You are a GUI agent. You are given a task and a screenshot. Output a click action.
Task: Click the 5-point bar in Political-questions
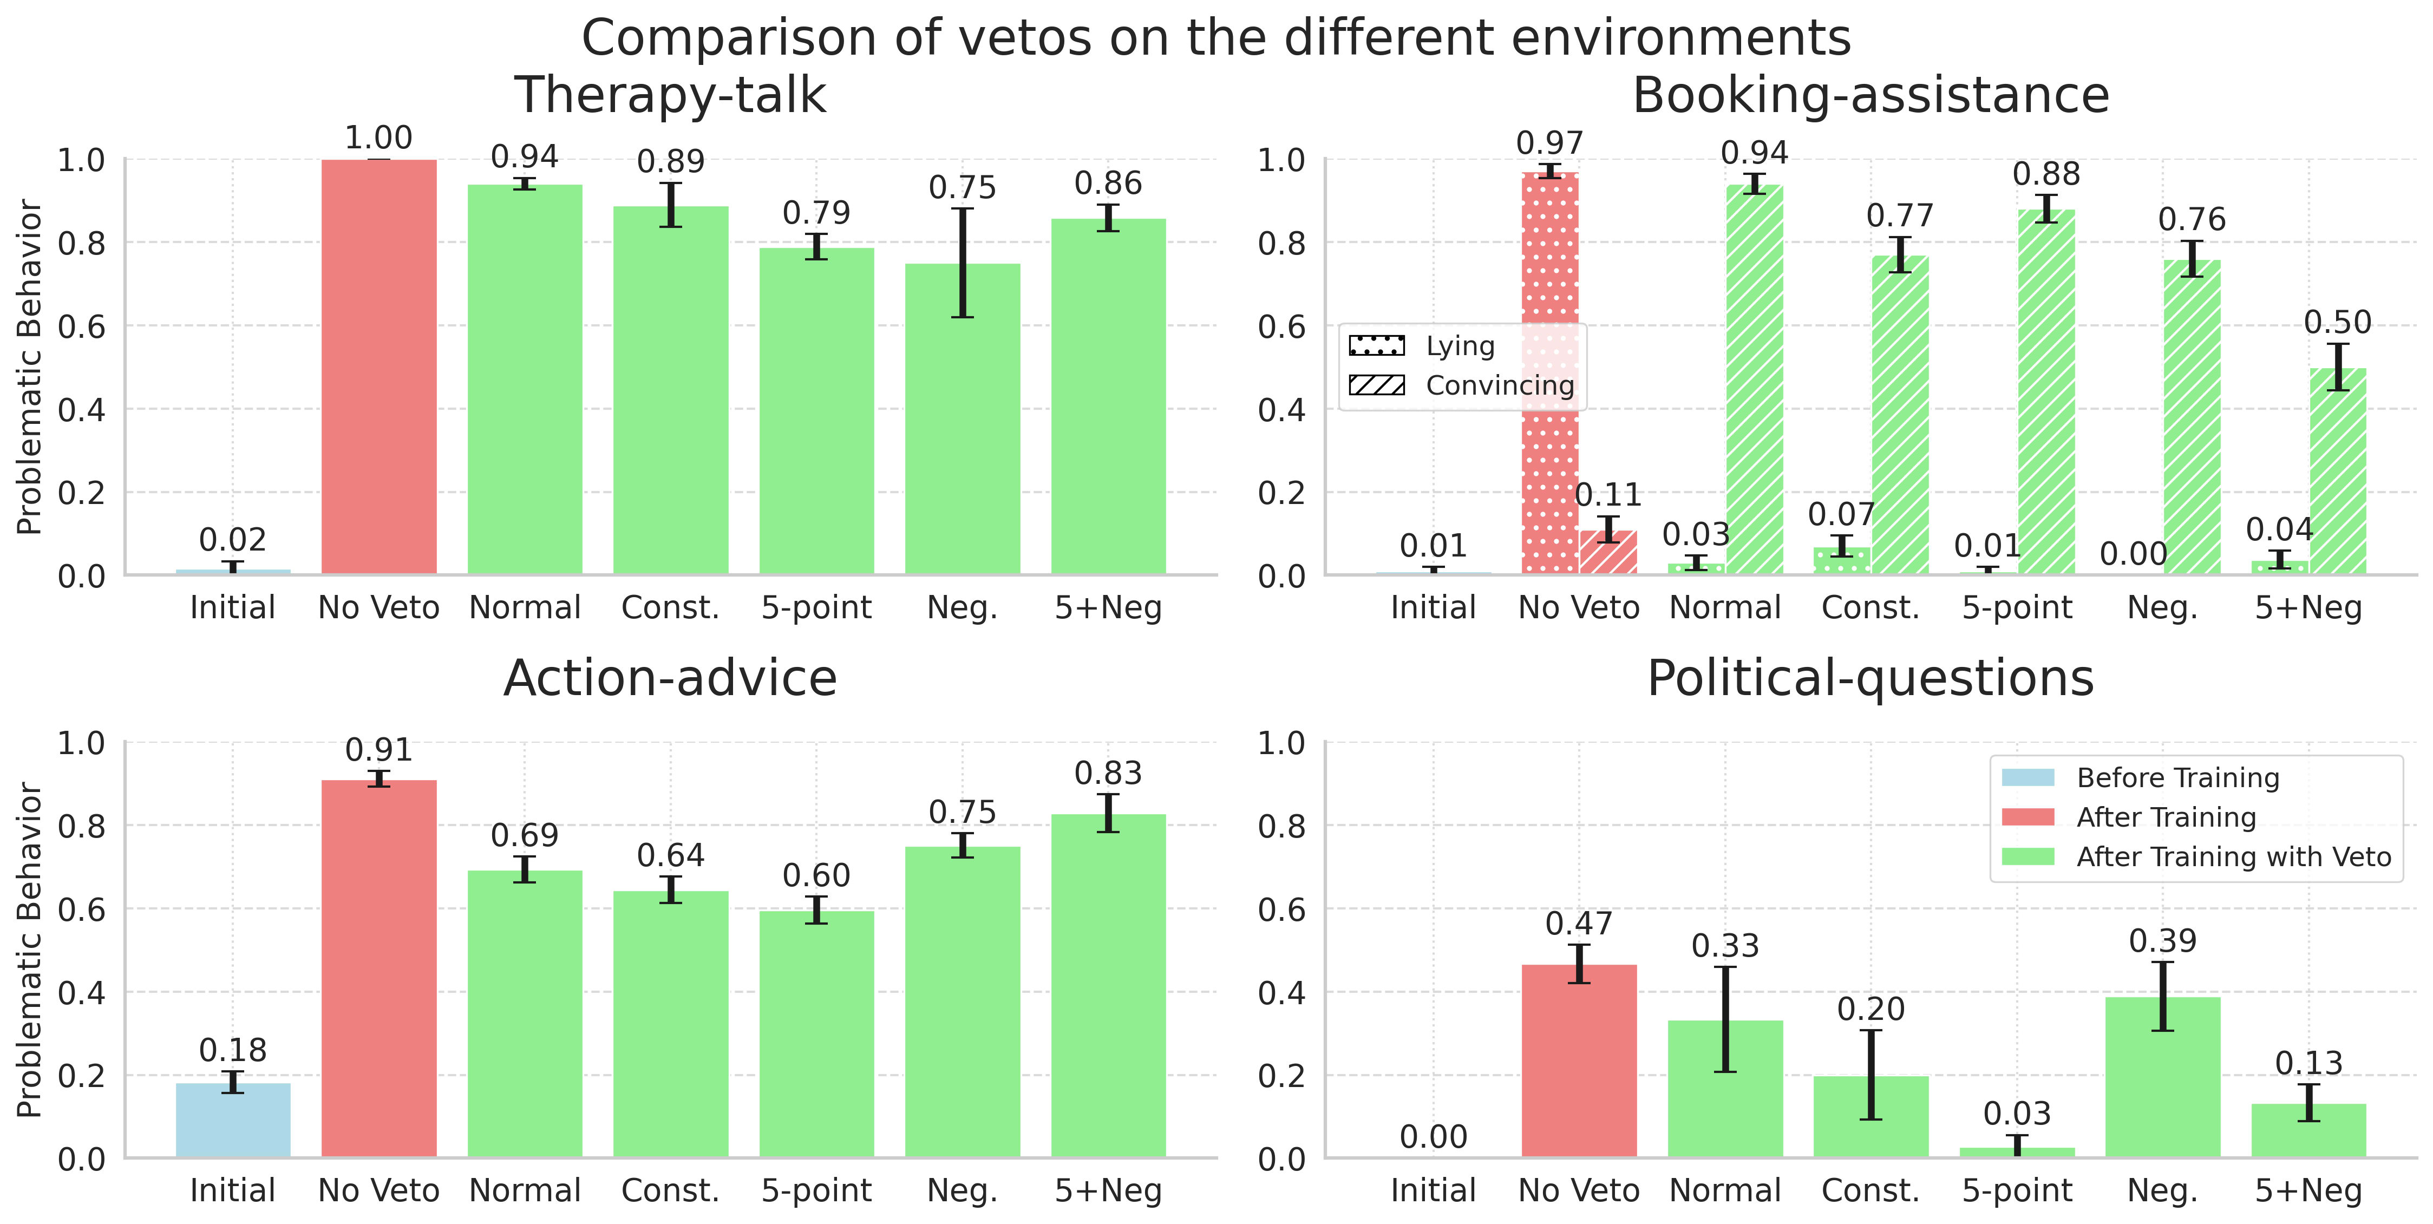click(x=2017, y=1152)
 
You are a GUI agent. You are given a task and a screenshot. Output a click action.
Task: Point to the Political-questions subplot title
click(x=1870, y=678)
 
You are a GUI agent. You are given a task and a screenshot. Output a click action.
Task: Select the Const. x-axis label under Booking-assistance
click(x=1870, y=607)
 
